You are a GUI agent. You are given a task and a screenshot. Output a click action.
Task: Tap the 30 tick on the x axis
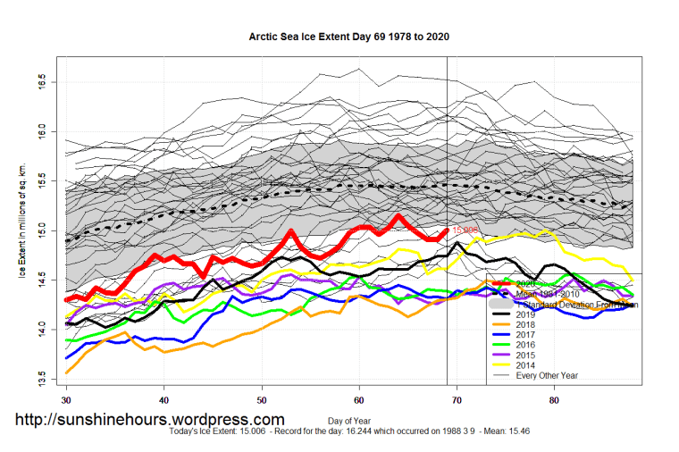(x=66, y=398)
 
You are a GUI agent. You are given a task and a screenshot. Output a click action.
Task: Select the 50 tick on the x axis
(x=261, y=398)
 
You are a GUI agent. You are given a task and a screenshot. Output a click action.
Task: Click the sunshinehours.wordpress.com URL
(x=149, y=419)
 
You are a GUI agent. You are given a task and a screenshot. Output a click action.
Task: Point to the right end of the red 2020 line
(x=446, y=230)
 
